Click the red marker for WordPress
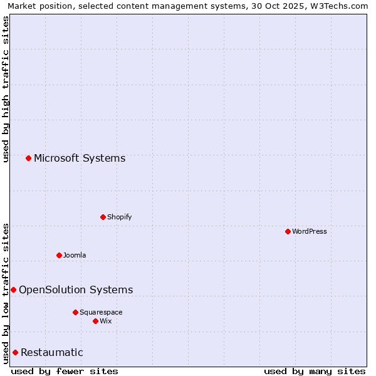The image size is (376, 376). (x=288, y=231)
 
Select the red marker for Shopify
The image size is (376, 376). (x=103, y=217)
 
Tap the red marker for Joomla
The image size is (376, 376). (x=59, y=255)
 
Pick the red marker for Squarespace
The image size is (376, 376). (x=75, y=312)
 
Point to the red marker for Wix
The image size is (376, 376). (x=95, y=321)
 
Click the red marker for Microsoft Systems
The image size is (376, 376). (x=28, y=158)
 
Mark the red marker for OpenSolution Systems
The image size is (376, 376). (x=13, y=290)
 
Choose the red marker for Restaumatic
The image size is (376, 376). (x=15, y=352)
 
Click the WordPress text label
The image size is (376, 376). (x=310, y=231)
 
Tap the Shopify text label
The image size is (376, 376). (x=119, y=217)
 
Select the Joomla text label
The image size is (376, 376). (x=75, y=255)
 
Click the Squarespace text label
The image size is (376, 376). (x=101, y=312)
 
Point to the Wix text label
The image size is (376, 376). (x=105, y=321)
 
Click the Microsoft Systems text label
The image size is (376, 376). (x=80, y=158)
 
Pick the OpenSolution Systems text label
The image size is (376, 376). (x=76, y=290)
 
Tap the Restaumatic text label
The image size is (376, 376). (x=52, y=352)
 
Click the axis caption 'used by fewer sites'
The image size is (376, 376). (x=65, y=371)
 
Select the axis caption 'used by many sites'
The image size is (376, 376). (x=315, y=371)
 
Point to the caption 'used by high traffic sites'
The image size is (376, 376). (x=6, y=89)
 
